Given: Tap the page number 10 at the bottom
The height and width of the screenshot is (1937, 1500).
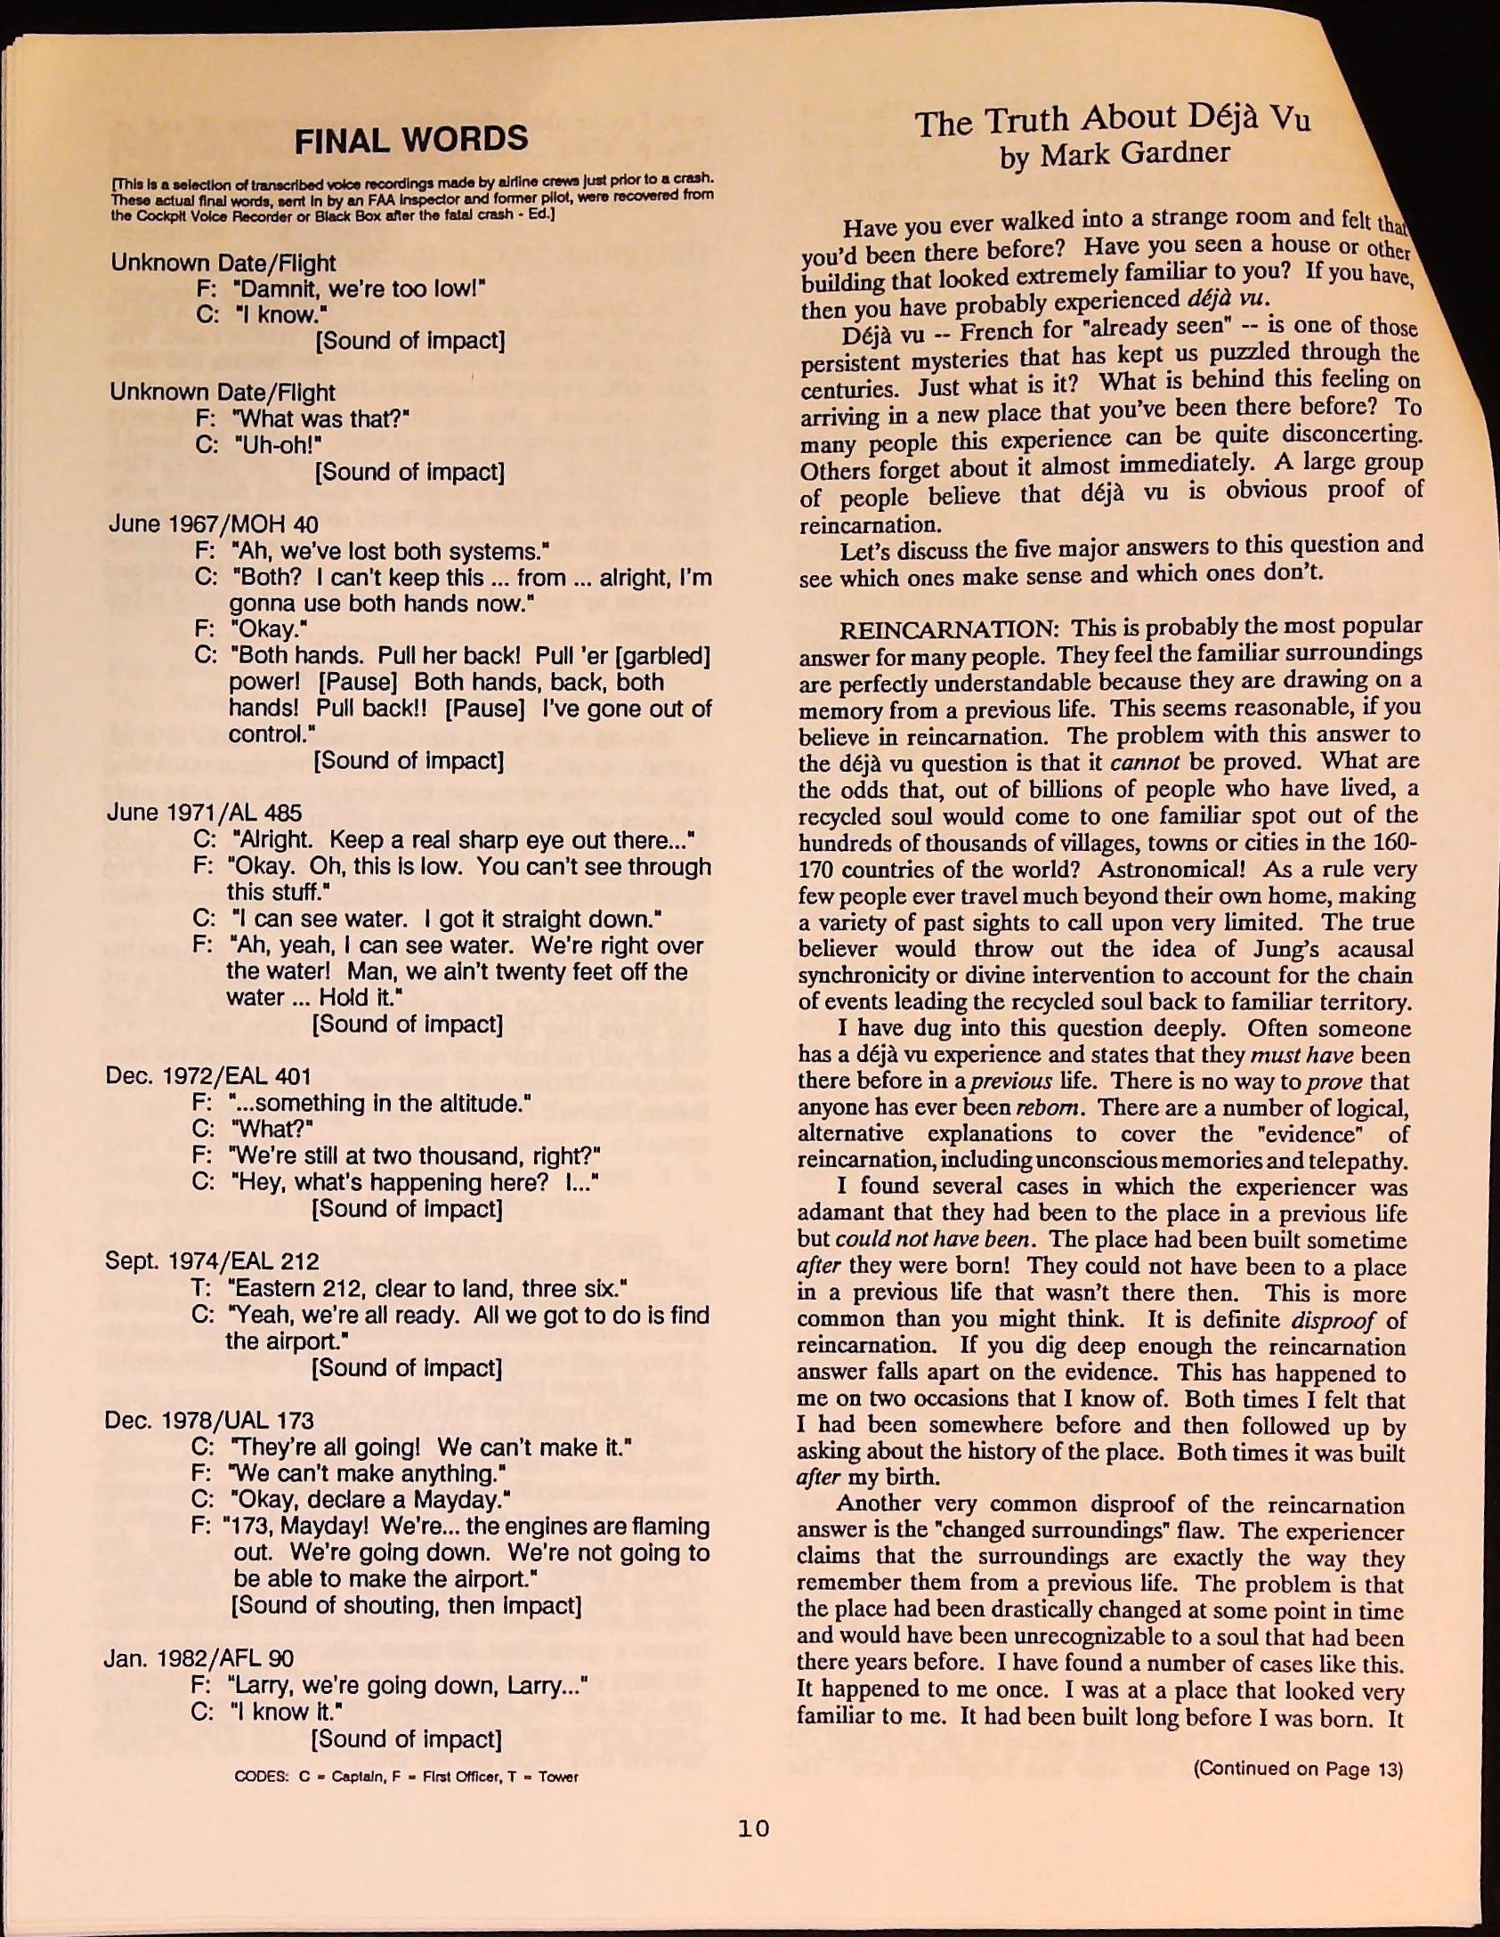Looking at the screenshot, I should [x=753, y=1828].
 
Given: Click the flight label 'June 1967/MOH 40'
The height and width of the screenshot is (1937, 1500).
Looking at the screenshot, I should [x=213, y=524].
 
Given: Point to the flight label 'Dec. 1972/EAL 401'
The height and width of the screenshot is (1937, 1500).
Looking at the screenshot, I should [x=208, y=1076].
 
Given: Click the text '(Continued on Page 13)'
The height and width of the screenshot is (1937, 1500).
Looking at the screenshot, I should [x=1298, y=1769].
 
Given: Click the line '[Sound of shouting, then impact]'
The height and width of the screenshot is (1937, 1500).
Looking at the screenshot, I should [x=406, y=1606].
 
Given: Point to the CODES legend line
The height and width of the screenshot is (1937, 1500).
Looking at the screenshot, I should [x=406, y=1777].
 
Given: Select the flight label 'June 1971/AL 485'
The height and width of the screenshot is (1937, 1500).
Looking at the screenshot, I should [x=204, y=813].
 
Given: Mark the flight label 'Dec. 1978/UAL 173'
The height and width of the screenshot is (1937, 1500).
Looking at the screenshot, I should [x=209, y=1420].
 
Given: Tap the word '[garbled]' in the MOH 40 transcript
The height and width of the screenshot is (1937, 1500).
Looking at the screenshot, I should [x=662, y=657].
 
